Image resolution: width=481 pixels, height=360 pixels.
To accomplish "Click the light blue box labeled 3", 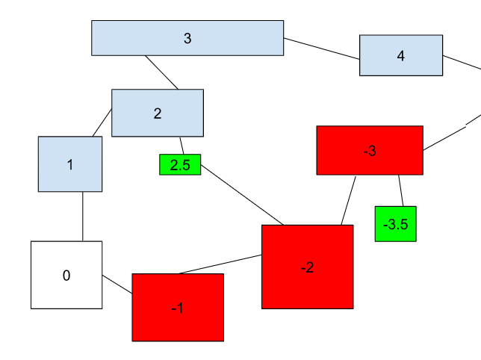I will pos(187,38).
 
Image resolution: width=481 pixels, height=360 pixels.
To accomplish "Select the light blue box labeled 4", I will pos(401,55).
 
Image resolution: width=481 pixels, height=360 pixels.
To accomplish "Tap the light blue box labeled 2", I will pos(157,113).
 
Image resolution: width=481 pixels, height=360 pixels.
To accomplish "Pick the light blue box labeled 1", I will pos(70,164).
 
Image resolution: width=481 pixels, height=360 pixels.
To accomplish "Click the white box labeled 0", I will pos(66,275).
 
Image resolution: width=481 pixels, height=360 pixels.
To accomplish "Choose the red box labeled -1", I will pos(178,307).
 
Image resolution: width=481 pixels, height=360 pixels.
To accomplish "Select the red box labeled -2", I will pos(307,267).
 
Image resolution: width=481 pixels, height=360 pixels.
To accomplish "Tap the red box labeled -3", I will pos(370,150).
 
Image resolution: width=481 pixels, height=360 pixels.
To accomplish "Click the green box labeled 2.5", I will pos(180,165).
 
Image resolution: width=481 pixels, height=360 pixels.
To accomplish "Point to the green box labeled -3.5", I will pos(395,224).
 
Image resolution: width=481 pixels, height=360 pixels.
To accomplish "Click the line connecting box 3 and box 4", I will pos(322,48).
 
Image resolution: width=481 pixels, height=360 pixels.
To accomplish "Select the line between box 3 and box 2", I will pos(162,72).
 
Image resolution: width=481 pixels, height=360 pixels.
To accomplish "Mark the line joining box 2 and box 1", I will pos(102,123).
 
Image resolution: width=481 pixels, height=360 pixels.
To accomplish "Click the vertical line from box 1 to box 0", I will pos(82,217).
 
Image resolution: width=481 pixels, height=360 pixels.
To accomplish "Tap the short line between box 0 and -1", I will pos(117,284).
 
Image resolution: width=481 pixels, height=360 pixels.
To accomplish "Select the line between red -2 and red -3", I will pos(349,199).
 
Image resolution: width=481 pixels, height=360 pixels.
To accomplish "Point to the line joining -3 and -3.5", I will pos(401,190).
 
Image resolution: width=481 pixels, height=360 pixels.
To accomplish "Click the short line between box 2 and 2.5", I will pos(181,146).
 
